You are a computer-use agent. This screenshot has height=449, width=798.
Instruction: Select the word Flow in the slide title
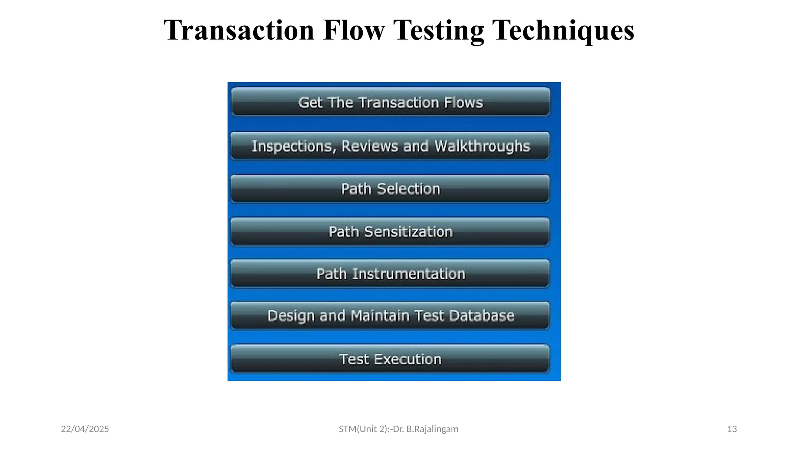pyautogui.click(x=354, y=30)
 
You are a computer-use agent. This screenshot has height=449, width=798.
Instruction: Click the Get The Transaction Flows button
pyautogui.click(x=390, y=103)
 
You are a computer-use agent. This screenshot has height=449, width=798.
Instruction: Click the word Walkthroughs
pyautogui.click(x=482, y=146)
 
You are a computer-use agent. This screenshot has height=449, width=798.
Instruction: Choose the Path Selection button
pyautogui.click(x=390, y=189)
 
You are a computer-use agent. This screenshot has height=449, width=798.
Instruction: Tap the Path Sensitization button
pyautogui.click(x=390, y=232)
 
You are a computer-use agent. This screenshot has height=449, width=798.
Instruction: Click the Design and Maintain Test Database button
pyautogui.click(x=390, y=316)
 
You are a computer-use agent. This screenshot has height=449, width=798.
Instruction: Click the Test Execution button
pyautogui.click(x=390, y=359)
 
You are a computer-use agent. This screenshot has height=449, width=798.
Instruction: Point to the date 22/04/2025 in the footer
pyautogui.click(x=85, y=429)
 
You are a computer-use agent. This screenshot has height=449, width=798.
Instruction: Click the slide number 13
pyautogui.click(x=732, y=429)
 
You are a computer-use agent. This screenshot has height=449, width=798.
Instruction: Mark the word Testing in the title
pyautogui.click(x=438, y=30)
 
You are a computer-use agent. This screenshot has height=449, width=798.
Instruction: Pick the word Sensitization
pyautogui.click(x=408, y=232)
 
